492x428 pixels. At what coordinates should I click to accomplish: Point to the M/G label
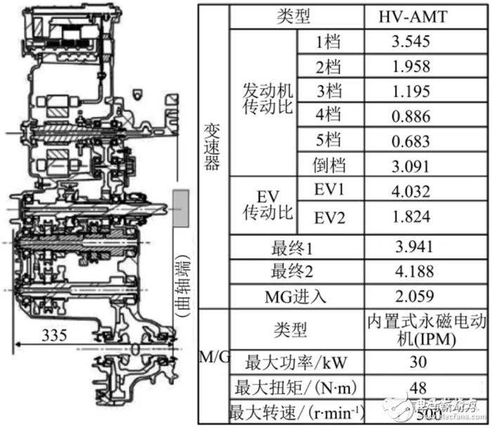tap(213, 356)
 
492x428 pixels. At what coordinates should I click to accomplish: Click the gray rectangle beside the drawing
tap(179, 207)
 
